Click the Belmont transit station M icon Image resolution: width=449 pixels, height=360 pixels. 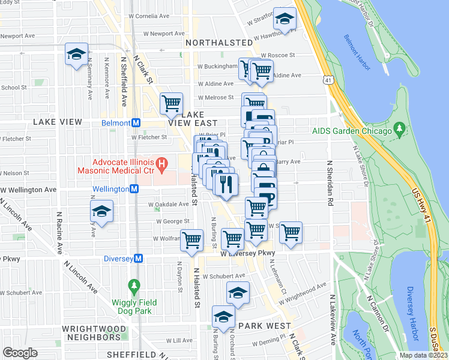pos(136,123)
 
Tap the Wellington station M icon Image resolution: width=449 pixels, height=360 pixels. pos(134,189)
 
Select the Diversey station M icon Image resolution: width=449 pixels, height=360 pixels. pos(139,259)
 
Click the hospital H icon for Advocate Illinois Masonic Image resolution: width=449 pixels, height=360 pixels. pos(161,163)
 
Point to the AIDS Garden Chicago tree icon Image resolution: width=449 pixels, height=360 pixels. pos(399,130)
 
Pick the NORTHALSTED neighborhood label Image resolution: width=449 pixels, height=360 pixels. pos(219,43)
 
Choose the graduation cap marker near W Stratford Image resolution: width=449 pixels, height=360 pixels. pos(285,19)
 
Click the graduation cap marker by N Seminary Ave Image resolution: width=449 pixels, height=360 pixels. pos(76,55)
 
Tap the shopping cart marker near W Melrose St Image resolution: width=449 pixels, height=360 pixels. pos(172,103)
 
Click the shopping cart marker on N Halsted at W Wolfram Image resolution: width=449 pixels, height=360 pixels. pos(192,241)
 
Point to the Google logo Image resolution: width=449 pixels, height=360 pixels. pos(20,352)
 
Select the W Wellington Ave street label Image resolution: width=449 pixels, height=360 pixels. pos(28,190)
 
